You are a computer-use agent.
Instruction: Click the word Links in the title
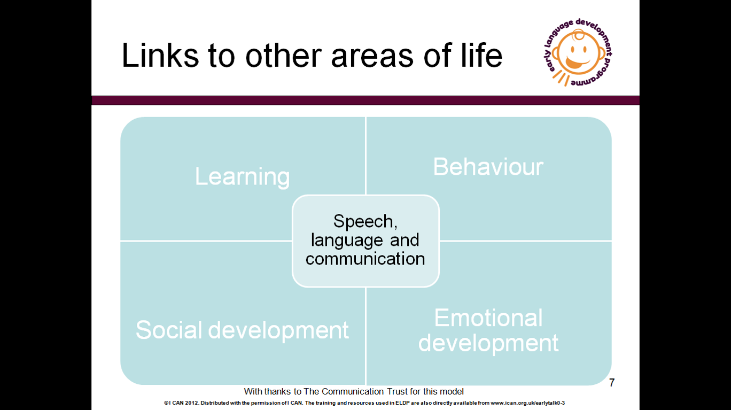point(160,55)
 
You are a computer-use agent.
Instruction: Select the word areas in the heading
point(372,57)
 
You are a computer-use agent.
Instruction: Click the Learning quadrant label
point(243,177)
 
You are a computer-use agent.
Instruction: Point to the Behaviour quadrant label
point(488,166)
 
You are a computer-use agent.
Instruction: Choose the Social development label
point(242,330)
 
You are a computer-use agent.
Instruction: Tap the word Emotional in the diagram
point(488,318)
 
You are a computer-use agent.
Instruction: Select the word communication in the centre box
point(365,259)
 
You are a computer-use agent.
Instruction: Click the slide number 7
point(612,382)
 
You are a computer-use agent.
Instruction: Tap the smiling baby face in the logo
point(579,53)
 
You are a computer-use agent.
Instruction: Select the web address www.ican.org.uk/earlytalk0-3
point(528,403)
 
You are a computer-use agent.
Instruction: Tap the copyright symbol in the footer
point(166,403)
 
